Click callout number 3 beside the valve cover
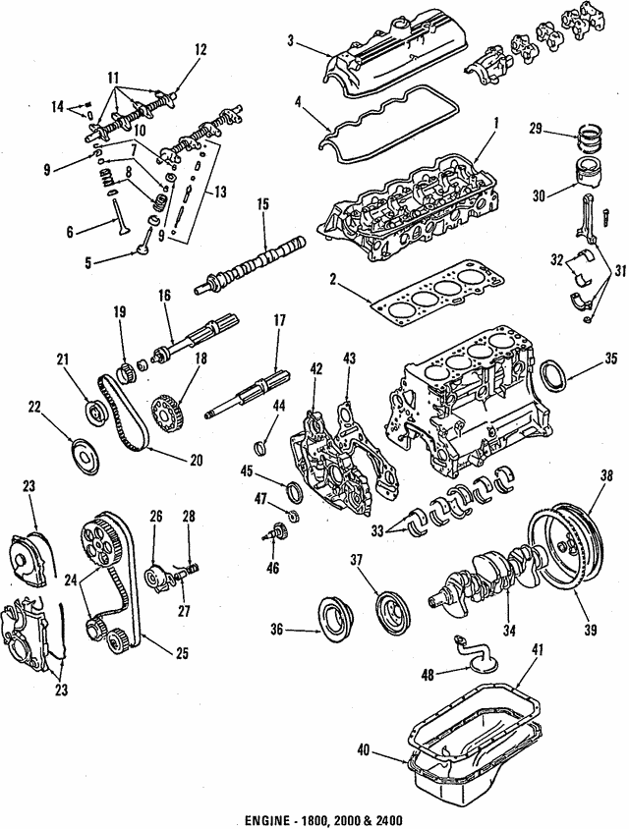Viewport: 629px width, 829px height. point(291,39)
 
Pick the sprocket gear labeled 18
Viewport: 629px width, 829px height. point(168,405)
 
